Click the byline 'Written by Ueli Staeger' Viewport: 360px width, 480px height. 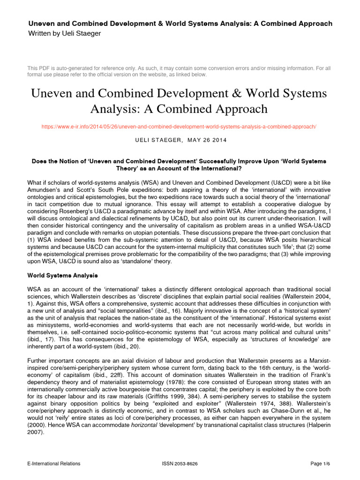(x=65, y=33)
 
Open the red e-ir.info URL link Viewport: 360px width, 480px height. (x=180, y=127)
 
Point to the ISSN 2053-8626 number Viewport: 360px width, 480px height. (x=180, y=464)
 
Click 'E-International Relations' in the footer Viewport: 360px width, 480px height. (x=54, y=464)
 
